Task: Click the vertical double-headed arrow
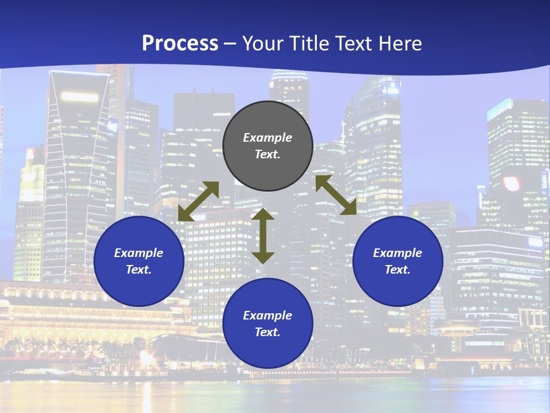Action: click(x=263, y=236)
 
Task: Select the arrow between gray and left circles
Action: click(x=198, y=201)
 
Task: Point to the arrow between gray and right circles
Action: click(x=336, y=195)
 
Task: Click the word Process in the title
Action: click(x=180, y=43)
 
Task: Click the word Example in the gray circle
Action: click(x=268, y=138)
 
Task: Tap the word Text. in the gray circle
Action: click(x=268, y=154)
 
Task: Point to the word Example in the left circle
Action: click(x=139, y=253)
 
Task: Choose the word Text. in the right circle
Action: click(x=398, y=270)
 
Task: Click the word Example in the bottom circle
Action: click(x=268, y=315)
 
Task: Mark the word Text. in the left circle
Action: click(x=139, y=270)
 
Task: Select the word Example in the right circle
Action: click(x=398, y=253)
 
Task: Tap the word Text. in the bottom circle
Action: click(x=268, y=332)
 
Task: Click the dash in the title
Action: click(x=230, y=44)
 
